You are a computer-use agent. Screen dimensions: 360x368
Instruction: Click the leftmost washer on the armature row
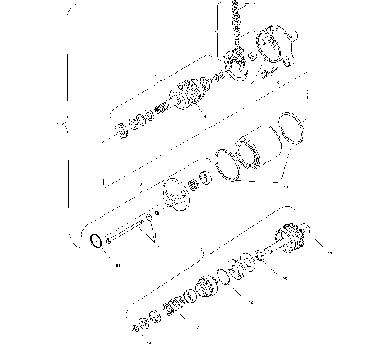(x=121, y=128)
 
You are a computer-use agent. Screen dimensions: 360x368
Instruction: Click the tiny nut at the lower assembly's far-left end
(x=135, y=329)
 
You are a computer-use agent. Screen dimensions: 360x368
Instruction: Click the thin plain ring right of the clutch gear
(x=228, y=276)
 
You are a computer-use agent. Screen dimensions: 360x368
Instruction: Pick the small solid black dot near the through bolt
(x=156, y=214)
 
